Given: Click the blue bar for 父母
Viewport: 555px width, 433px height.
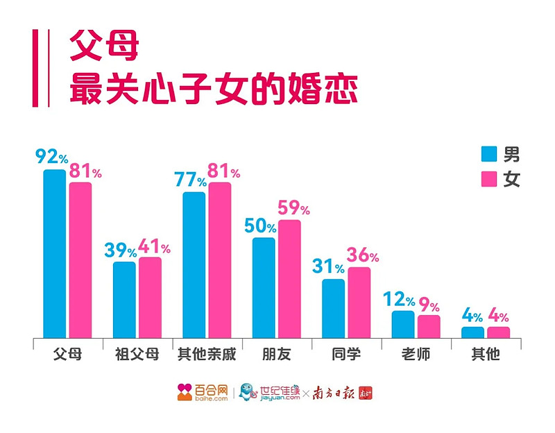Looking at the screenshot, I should pos(55,253).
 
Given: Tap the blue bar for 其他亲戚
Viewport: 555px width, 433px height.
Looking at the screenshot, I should pos(194,264).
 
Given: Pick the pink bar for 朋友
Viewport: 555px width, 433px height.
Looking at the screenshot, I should pos(289,278).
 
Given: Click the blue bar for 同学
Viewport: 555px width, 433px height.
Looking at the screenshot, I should pos(334,308).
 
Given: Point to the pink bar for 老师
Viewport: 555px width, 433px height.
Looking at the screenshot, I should pos(429,326).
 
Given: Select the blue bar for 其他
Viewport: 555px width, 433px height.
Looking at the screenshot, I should pos(472,332).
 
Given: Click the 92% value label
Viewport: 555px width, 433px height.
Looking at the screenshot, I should pos(51,157).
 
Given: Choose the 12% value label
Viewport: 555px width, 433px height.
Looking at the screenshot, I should pos(399,300).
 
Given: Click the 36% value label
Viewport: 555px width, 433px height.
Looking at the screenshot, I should pos(363,255).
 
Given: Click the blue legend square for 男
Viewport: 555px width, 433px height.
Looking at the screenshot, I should pos(489,154).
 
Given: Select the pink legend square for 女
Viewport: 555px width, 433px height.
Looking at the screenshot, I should pos(489,180).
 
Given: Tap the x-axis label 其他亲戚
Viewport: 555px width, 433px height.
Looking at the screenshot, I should pos(206,354).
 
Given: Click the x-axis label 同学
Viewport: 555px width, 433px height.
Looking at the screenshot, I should pos(346,354).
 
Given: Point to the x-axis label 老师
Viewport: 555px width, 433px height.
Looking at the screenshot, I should pos(416,354).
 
